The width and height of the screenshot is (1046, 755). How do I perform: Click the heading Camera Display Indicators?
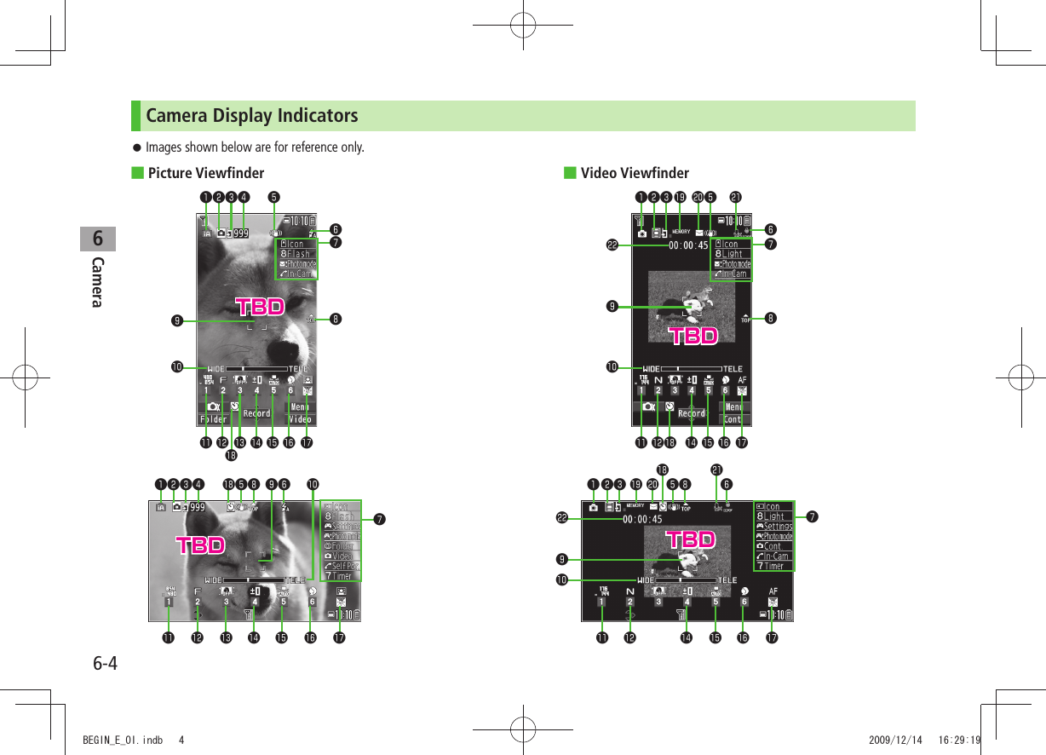[x=251, y=115]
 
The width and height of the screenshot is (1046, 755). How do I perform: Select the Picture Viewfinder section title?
[x=205, y=174]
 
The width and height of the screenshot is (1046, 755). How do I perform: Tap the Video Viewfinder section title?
[x=634, y=174]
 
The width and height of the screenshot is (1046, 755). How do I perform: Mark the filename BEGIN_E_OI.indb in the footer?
[x=117, y=740]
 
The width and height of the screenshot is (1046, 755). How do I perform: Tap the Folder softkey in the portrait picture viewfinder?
[x=213, y=419]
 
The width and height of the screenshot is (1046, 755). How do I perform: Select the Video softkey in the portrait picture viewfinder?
[x=300, y=419]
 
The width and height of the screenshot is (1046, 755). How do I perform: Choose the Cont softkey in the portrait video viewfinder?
[x=733, y=419]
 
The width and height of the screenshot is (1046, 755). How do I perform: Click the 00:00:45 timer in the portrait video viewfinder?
[x=688, y=245]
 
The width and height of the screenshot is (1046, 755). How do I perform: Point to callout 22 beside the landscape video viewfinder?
[x=562, y=517]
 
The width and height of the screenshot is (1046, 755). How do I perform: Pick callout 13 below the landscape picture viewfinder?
[x=226, y=637]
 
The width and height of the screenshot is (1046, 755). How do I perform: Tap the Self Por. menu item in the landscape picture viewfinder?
[x=344, y=566]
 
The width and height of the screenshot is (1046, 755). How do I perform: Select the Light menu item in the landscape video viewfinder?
[x=773, y=516]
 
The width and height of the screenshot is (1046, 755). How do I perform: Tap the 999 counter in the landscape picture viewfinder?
[x=197, y=507]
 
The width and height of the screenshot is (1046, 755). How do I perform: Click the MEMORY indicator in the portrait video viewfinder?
[x=681, y=231]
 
